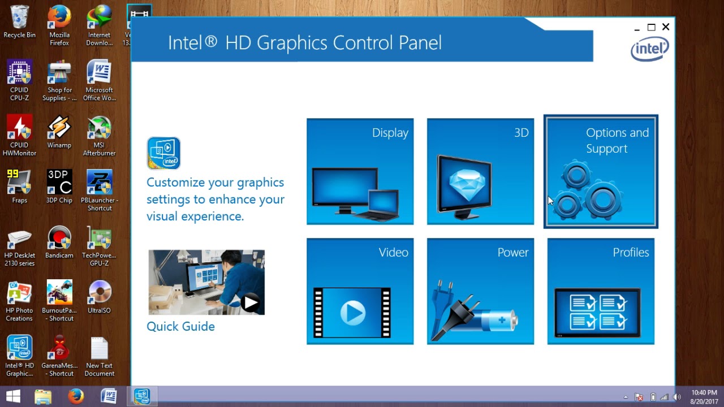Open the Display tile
point(360,171)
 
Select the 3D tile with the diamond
point(480,171)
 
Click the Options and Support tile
point(601,171)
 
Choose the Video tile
point(360,291)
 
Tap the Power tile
point(480,291)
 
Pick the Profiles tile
point(601,291)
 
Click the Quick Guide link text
point(180,327)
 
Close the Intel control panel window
point(666,27)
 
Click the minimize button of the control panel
point(637,28)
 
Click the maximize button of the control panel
point(651,27)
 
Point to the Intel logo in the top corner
point(650,50)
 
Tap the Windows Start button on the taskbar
point(14,396)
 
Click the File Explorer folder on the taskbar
point(43,396)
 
